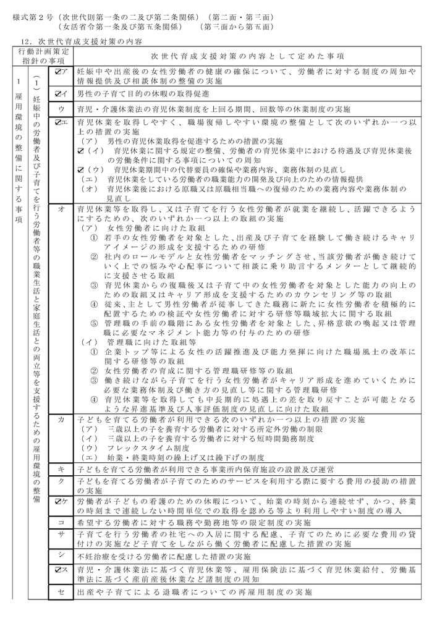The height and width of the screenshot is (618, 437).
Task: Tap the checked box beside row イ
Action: [57, 94]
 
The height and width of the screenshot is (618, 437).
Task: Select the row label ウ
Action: [61, 109]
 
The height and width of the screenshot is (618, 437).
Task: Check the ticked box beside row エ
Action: [57, 123]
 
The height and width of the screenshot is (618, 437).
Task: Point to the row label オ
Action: [61, 209]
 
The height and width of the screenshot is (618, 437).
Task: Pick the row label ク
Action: [61, 481]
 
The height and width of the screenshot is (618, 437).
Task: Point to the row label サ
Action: [61, 533]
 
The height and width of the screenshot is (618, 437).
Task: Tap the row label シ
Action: [61, 555]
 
